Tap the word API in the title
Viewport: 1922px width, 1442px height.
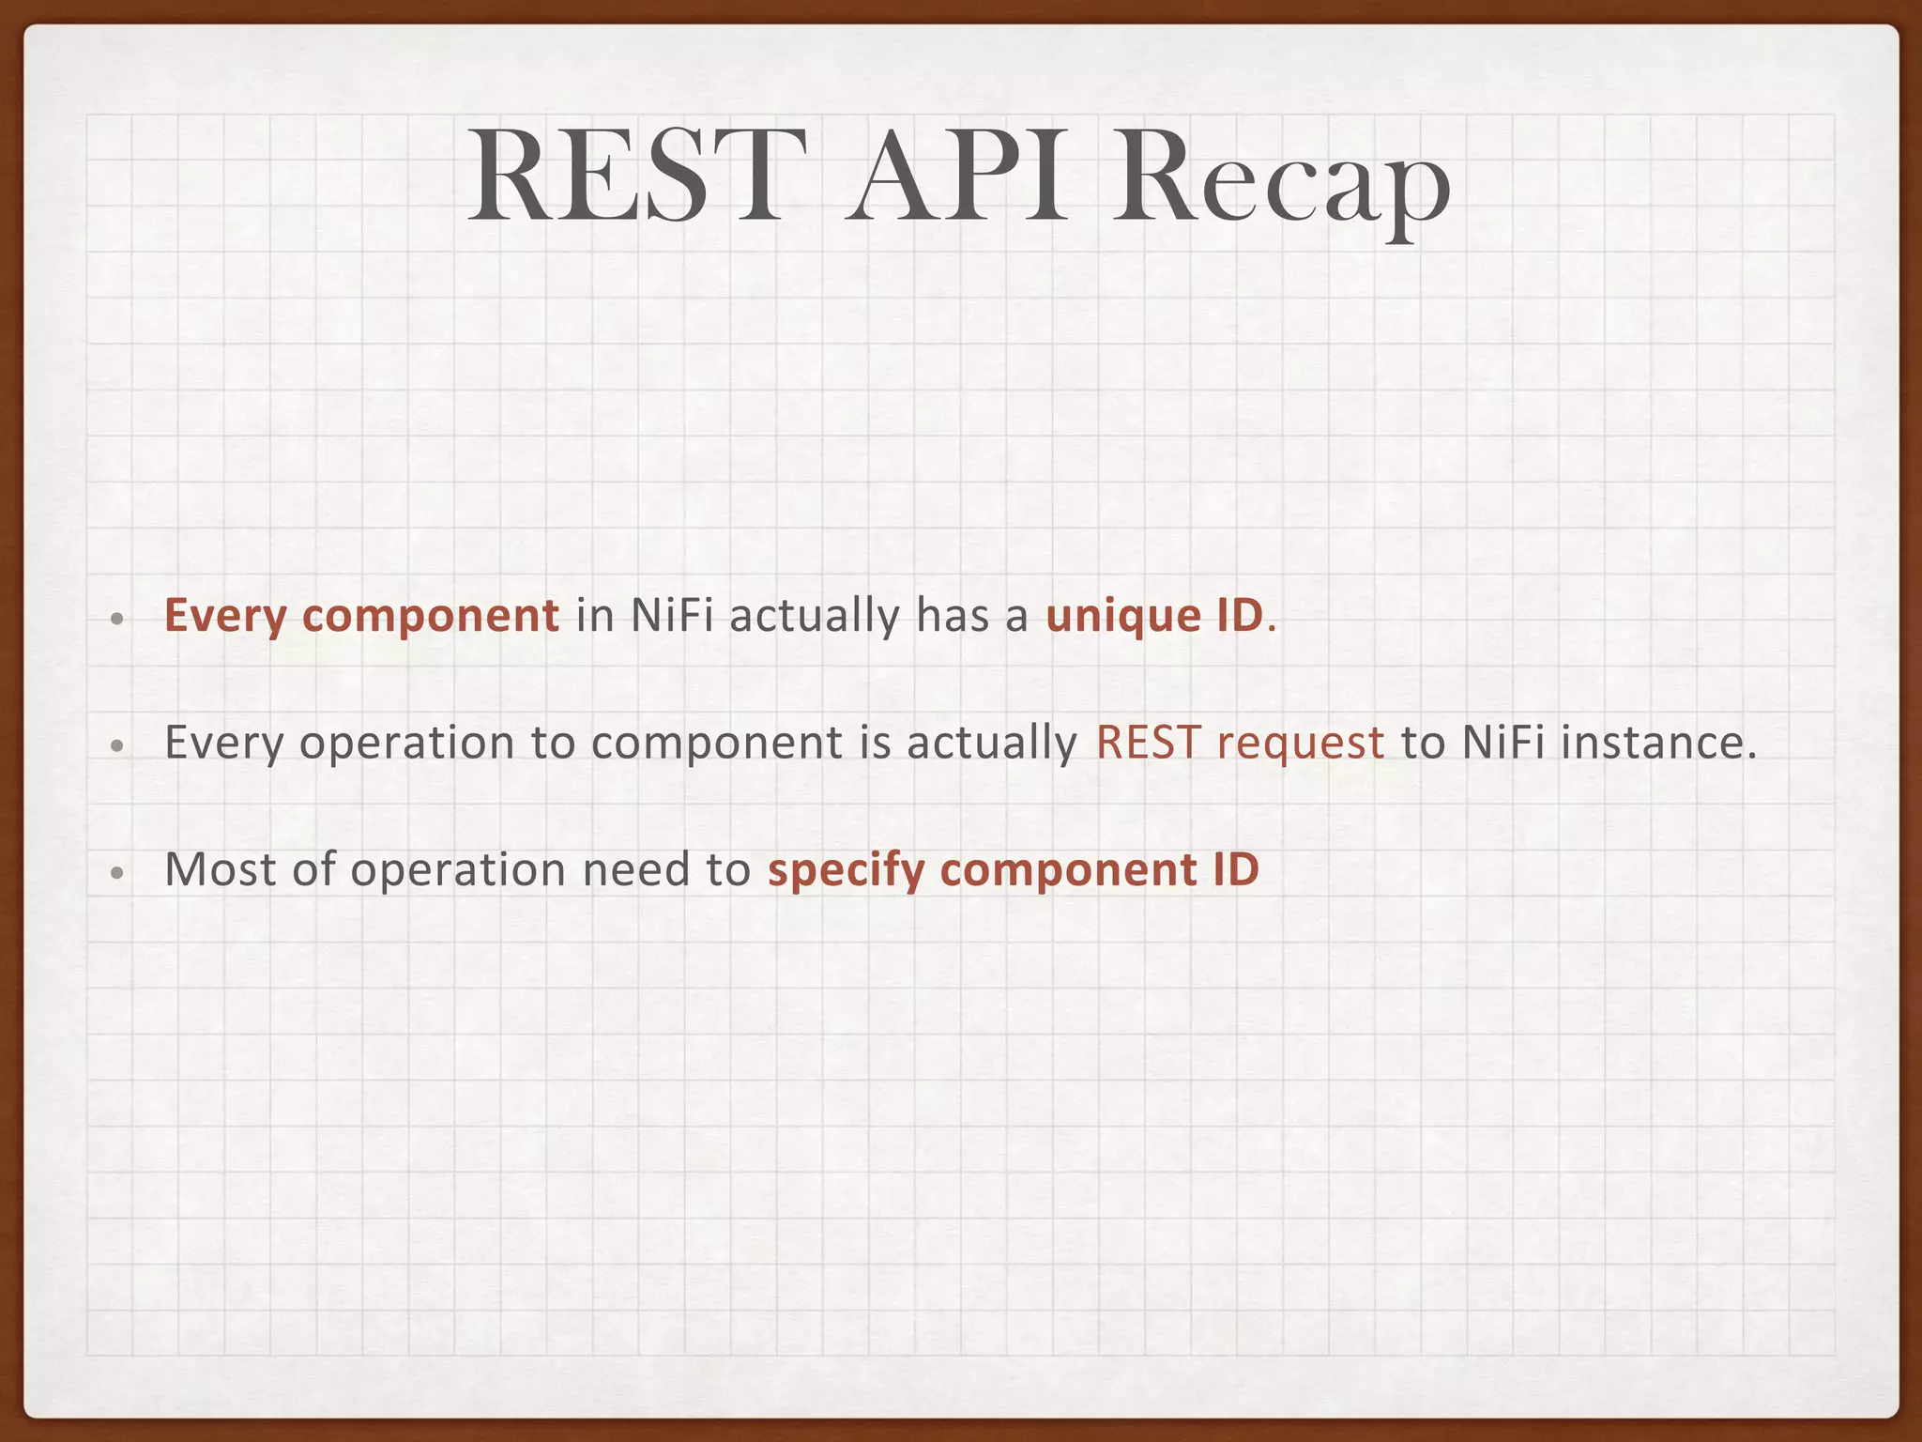[957, 178]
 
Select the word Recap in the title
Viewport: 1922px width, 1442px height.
[1281, 183]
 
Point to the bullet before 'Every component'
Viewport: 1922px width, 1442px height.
[116, 620]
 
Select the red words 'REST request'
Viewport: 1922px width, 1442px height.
[1240, 744]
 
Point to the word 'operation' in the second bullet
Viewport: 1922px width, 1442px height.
[406, 744]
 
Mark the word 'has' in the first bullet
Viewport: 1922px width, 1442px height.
[953, 617]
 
